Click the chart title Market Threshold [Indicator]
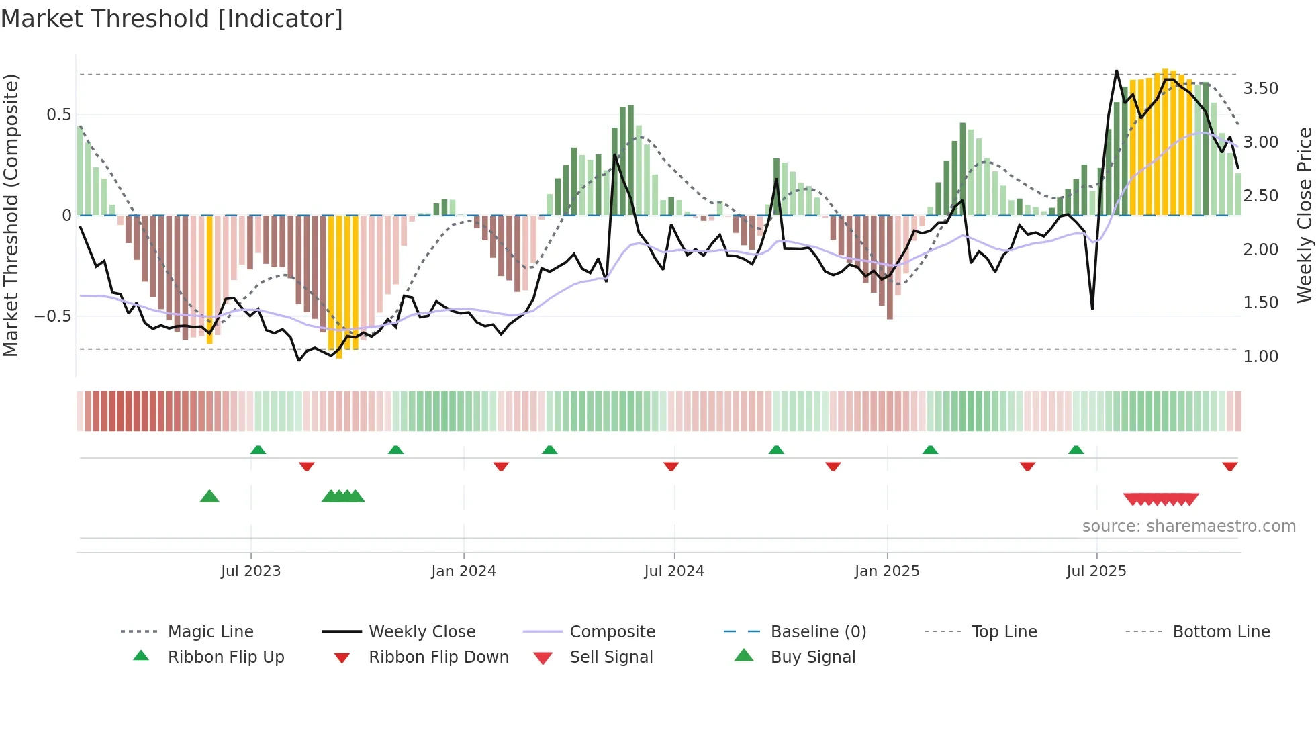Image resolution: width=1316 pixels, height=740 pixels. coord(172,19)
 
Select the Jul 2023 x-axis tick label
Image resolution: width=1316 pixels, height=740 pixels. coord(250,571)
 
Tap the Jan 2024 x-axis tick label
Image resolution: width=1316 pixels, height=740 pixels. coord(463,571)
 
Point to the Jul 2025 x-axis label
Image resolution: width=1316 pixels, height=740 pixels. coord(1096,571)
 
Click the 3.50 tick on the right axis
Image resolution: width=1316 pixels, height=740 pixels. coord(1260,89)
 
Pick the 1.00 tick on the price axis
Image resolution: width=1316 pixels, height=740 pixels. coord(1260,357)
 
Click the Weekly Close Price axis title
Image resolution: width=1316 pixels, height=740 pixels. coord(1304,215)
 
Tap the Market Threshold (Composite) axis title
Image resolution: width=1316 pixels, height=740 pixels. coord(11,215)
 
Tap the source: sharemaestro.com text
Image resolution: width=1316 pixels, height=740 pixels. coord(1188,526)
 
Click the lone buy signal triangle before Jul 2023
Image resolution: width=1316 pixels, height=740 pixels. coord(209,496)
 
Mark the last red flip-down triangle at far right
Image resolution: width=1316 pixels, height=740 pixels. coord(1229,466)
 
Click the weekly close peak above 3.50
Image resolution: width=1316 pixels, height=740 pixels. coord(1117,71)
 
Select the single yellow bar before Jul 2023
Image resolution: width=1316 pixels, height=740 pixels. coord(209,279)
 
